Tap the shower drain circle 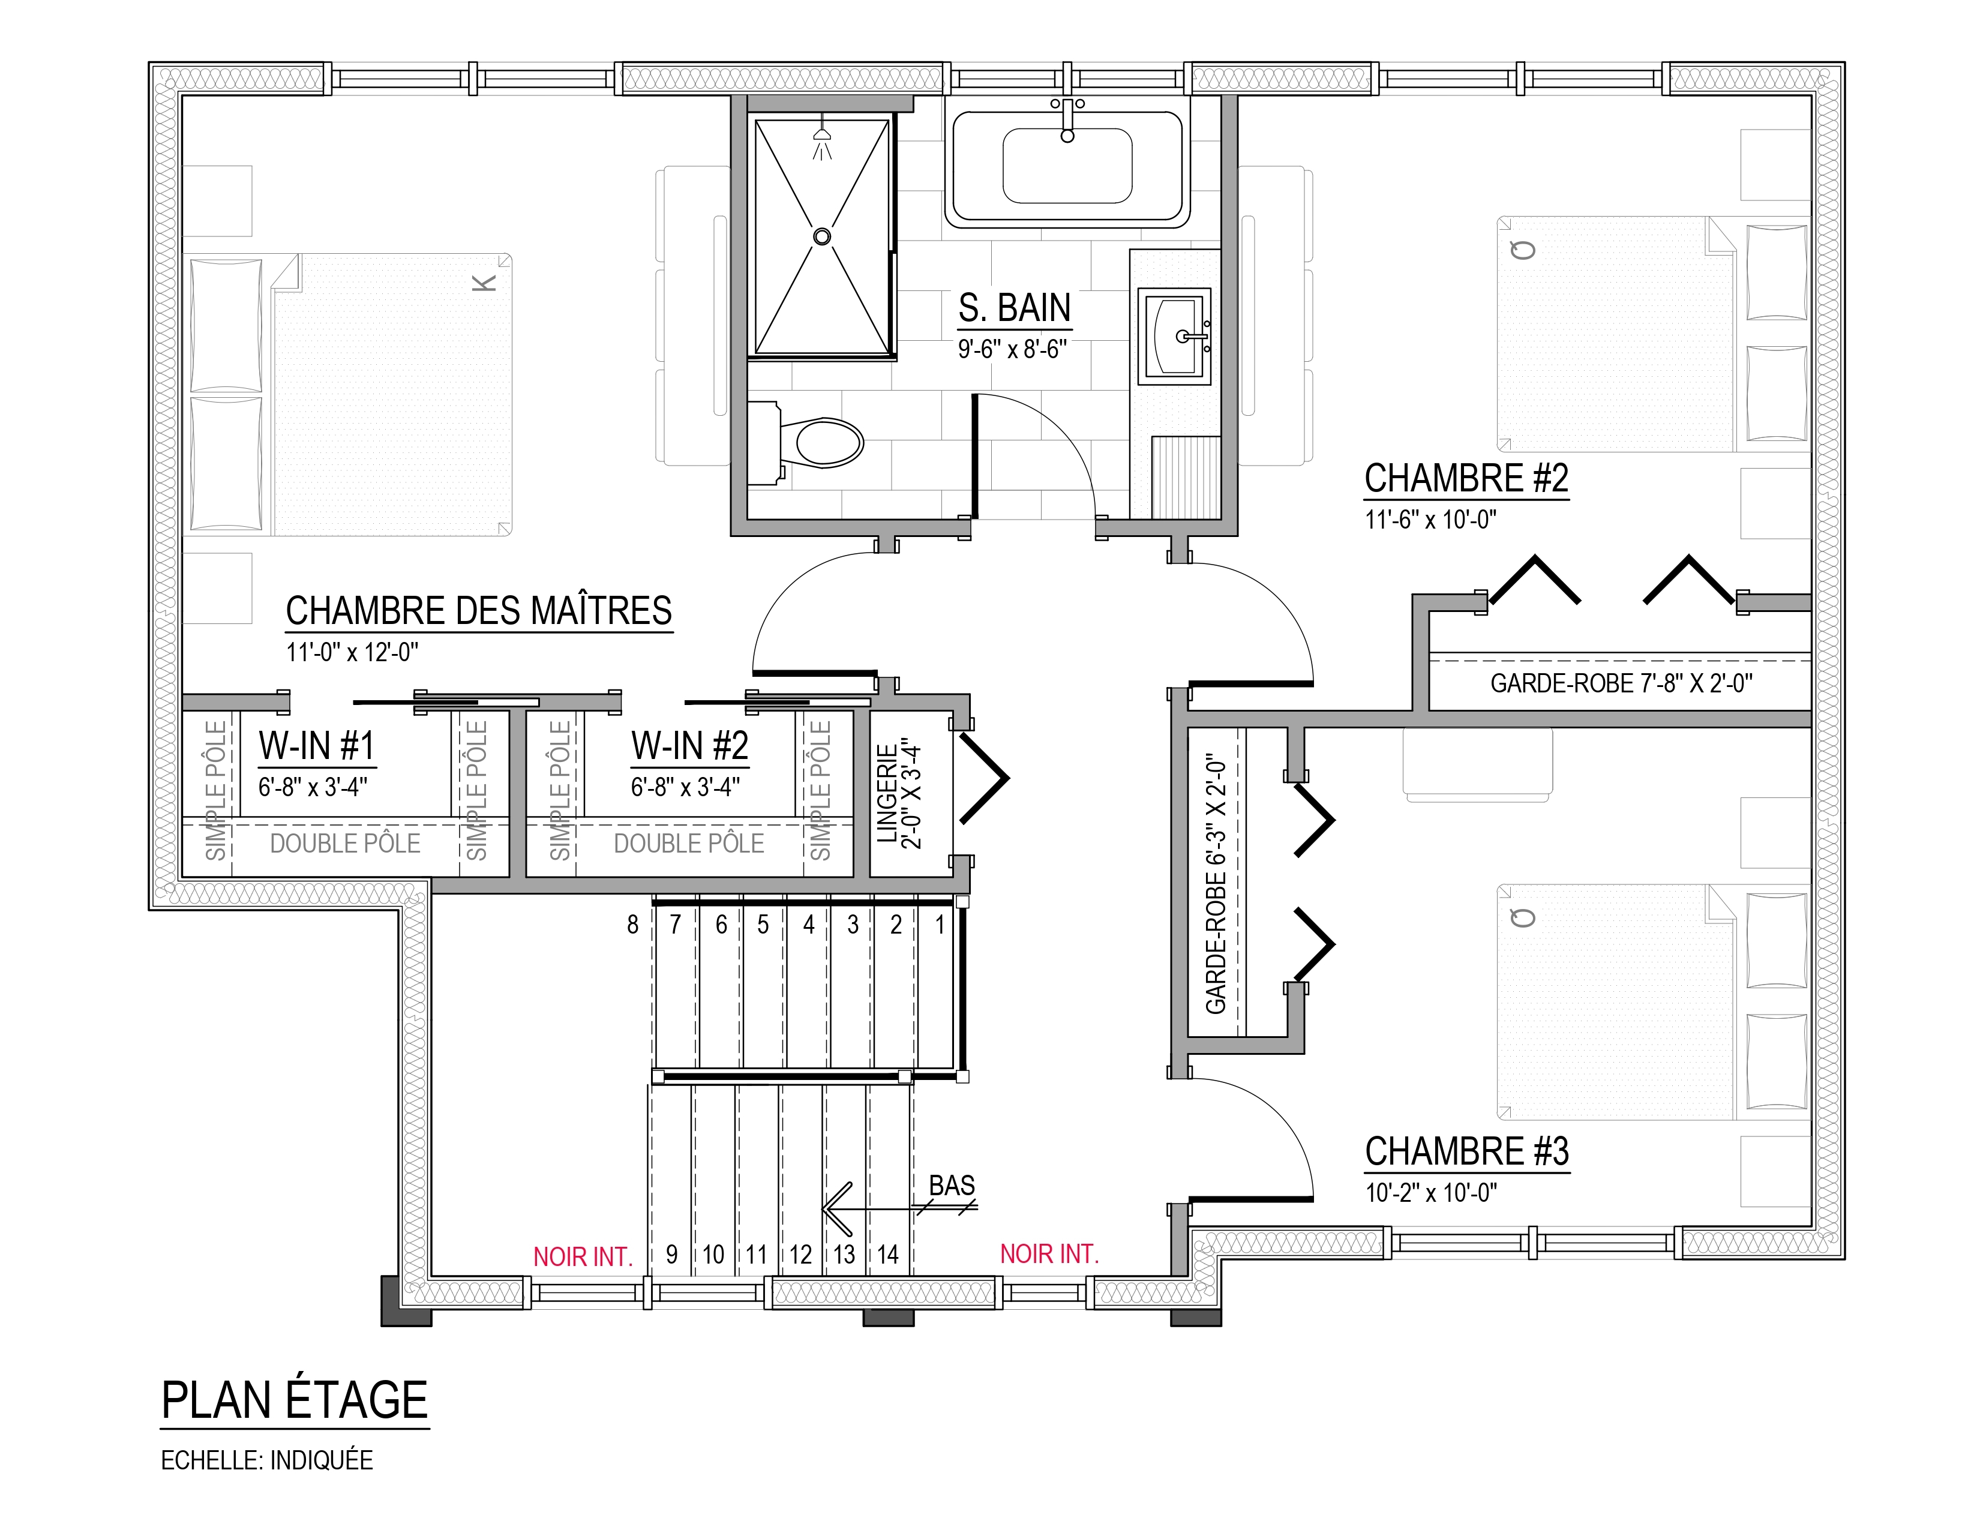[x=821, y=236]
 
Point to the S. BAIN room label [x=1015, y=308]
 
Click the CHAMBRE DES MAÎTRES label [x=479, y=611]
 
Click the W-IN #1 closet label [x=316, y=746]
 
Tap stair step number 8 [x=633, y=925]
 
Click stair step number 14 [x=887, y=1255]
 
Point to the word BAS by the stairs [x=952, y=1186]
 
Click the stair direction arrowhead [x=836, y=1209]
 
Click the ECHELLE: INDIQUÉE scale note [x=266, y=1460]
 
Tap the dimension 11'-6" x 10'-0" [x=1430, y=520]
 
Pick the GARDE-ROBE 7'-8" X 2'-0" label [x=1621, y=683]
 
